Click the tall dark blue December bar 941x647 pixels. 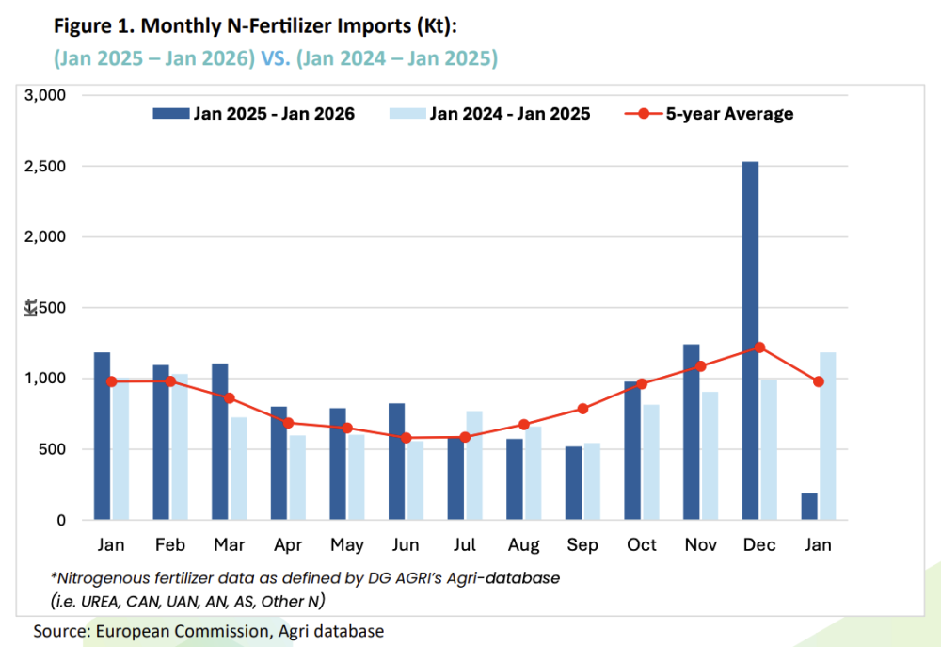click(x=750, y=341)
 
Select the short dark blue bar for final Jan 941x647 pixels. click(x=809, y=507)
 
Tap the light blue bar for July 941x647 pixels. click(x=474, y=465)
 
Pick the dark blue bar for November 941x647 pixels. click(x=692, y=432)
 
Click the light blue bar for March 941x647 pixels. click(x=238, y=469)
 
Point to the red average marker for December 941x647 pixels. click(x=759, y=348)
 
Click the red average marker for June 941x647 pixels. click(x=407, y=438)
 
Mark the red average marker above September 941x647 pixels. click(x=582, y=409)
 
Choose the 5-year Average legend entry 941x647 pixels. click(x=709, y=114)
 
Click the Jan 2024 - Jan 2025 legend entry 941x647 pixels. click(x=489, y=114)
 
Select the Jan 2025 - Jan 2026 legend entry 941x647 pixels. click(x=254, y=114)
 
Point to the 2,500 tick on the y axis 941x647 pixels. click(x=45, y=167)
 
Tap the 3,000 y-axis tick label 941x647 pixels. click(x=45, y=95)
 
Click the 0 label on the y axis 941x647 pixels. click(x=61, y=520)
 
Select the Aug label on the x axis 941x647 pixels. click(x=524, y=545)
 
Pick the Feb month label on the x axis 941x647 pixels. click(x=170, y=545)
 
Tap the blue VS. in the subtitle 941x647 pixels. click(x=276, y=58)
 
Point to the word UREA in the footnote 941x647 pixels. click(x=101, y=602)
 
